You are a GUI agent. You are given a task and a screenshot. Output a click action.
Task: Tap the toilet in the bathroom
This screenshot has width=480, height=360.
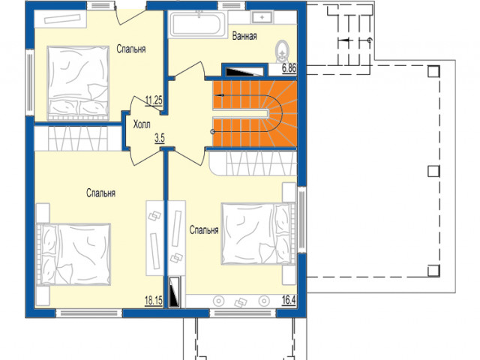pyautogui.click(x=282, y=52)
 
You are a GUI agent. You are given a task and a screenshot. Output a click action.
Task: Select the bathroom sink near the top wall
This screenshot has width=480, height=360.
pyautogui.click(x=262, y=17)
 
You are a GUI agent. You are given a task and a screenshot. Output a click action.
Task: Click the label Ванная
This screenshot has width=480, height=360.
pyautogui.click(x=244, y=36)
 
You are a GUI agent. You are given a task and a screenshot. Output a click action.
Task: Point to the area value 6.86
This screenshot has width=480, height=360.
pyautogui.click(x=289, y=68)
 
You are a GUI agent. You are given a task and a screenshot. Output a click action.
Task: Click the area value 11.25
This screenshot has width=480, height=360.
pyautogui.click(x=154, y=100)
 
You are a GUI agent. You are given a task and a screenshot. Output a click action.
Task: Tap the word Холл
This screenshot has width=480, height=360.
pyautogui.click(x=142, y=124)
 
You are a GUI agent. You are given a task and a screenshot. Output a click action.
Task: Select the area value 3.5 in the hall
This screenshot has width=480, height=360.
pyautogui.click(x=160, y=138)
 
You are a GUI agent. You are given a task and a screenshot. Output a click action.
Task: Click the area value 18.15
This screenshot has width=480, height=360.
pyautogui.click(x=153, y=301)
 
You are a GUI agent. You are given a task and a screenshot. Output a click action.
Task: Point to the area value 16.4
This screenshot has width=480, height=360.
pyautogui.click(x=289, y=300)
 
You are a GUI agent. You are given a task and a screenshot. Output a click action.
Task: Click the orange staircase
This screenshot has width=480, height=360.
pyautogui.click(x=255, y=113)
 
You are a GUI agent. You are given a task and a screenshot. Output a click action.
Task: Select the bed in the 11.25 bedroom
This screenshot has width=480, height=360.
pyautogui.click(x=78, y=83)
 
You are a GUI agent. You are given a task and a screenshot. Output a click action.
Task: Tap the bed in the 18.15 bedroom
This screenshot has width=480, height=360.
pyautogui.click(x=73, y=255)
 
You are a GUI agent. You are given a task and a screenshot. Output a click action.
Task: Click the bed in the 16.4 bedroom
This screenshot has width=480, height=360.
pyautogui.click(x=259, y=233)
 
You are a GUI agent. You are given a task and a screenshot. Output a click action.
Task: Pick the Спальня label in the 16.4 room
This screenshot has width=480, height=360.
pyautogui.click(x=204, y=230)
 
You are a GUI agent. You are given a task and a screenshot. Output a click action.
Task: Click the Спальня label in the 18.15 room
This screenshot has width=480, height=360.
pyautogui.click(x=100, y=193)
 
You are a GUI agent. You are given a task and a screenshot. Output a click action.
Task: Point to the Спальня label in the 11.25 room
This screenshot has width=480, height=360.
pyautogui.click(x=131, y=49)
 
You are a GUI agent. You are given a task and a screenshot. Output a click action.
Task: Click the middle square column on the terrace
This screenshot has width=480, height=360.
pyautogui.click(x=433, y=172)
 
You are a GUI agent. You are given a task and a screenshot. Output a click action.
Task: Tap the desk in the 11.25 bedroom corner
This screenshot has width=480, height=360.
pyautogui.click(x=60, y=19)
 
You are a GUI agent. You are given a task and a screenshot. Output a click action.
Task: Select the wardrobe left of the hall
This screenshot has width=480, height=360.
pyautogui.click(x=78, y=138)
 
